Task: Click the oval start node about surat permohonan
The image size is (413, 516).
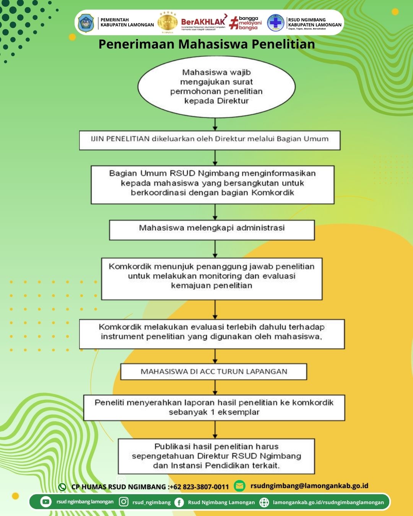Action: click(216, 87)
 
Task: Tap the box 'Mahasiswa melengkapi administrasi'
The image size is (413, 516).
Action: click(212, 230)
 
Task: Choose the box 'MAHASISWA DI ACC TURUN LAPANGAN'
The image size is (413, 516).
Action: click(214, 372)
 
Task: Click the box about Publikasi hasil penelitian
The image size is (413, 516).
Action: click(216, 456)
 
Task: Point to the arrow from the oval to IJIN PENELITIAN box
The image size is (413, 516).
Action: click(215, 124)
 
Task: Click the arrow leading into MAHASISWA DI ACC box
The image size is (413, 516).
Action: click(215, 356)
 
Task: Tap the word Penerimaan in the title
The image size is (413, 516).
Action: click(137, 44)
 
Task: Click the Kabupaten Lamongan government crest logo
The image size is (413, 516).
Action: click(86, 23)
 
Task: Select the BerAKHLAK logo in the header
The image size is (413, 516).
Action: click(203, 22)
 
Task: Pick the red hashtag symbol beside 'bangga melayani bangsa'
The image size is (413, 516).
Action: click(234, 23)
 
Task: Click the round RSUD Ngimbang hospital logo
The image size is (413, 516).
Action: click(276, 23)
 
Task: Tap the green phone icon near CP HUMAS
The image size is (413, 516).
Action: click(62, 487)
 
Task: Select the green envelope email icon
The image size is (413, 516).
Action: click(239, 486)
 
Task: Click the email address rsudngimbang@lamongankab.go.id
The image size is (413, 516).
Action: click(309, 486)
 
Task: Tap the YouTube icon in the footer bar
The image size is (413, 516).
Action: click(46, 502)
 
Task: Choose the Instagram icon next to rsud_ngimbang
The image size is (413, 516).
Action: click(124, 502)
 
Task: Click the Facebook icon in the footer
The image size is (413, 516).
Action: click(179, 502)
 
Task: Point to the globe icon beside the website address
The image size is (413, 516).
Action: click(264, 502)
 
